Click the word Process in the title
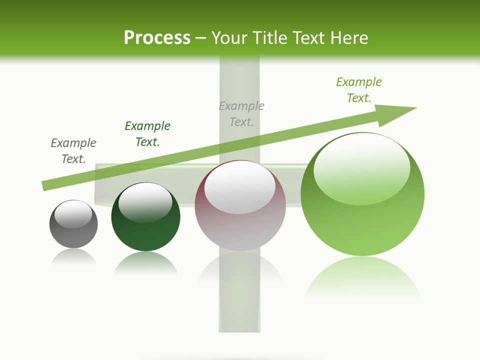coord(157,38)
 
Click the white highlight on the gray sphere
coord(73,214)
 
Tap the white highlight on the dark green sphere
coord(145,202)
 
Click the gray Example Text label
coord(73,151)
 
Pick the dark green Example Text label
coord(147,134)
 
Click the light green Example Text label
coord(359,90)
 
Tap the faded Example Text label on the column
coord(241,114)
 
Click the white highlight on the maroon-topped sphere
coord(240,187)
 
